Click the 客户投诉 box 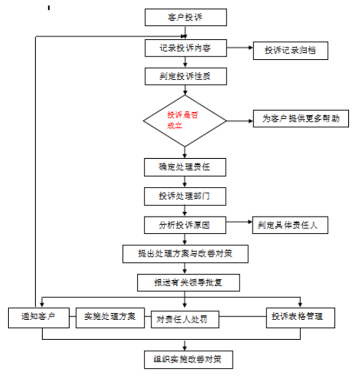pos(186,18)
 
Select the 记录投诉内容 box pos(186,48)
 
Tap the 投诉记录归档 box pos(290,51)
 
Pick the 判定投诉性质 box pos(186,76)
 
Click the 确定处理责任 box pos(186,167)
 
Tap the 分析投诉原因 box pos(185,225)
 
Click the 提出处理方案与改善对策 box pos(186,253)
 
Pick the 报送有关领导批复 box pos(188,283)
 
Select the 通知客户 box pos(39,317)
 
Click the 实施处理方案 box pos(110,317)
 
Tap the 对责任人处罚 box pos(185,319)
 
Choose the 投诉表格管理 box pos(301,317)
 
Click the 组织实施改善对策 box pos(188,359)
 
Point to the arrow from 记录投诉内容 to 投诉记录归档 pos(240,48)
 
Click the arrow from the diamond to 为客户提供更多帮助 pos(240,120)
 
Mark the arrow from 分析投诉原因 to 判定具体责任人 pos(239,224)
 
